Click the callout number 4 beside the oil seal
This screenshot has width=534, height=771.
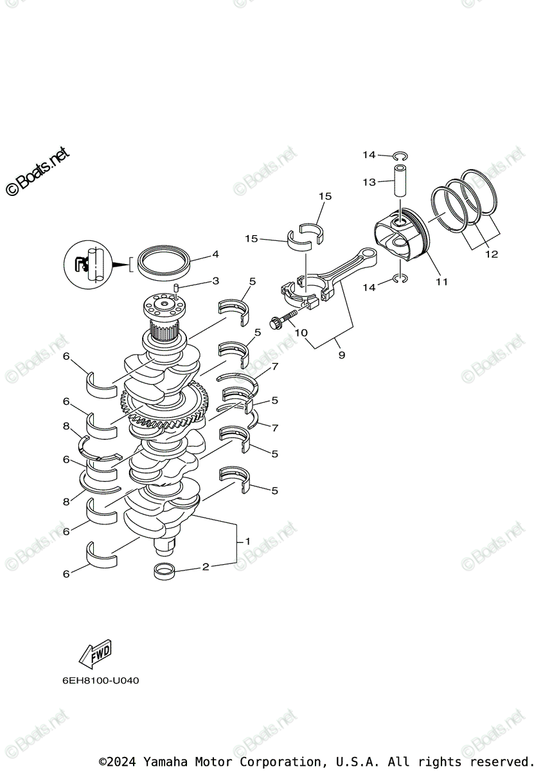tap(216, 254)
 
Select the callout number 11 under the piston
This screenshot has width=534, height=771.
tap(441, 281)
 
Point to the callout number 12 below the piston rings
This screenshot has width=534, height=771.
tap(491, 254)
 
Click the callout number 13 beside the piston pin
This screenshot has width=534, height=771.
tap(369, 182)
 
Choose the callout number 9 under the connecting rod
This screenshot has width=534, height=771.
tap(341, 355)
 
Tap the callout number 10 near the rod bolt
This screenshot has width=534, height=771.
tap(300, 332)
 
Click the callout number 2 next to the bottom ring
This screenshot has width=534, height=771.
tap(206, 567)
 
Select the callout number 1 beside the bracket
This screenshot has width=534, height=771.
tap(247, 542)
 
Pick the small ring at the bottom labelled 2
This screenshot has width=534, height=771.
tap(165, 570)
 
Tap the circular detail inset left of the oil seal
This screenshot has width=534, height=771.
tap(89, 263)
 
